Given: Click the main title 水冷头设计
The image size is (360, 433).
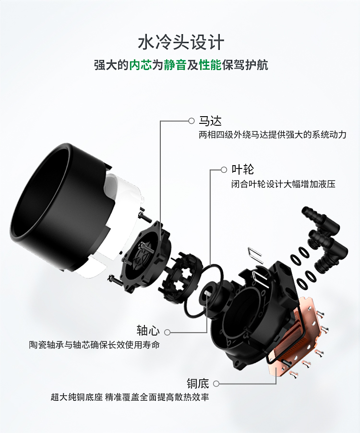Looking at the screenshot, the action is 181,42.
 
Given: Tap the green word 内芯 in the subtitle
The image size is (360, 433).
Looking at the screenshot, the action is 141,65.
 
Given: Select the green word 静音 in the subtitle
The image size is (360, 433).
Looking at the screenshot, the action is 175,65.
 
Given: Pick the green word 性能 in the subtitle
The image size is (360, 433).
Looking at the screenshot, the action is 210,65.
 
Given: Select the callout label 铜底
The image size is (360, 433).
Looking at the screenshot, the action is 198,384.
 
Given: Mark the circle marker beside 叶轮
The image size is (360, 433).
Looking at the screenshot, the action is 224,170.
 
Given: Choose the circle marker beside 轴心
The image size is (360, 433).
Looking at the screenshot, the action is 167,332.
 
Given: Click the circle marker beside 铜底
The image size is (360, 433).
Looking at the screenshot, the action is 216,384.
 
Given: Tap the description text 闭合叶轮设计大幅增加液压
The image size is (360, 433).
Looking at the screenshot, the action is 283,184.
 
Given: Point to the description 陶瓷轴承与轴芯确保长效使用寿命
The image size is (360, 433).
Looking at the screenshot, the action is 94,345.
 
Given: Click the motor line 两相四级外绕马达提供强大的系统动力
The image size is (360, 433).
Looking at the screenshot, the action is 273,135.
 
